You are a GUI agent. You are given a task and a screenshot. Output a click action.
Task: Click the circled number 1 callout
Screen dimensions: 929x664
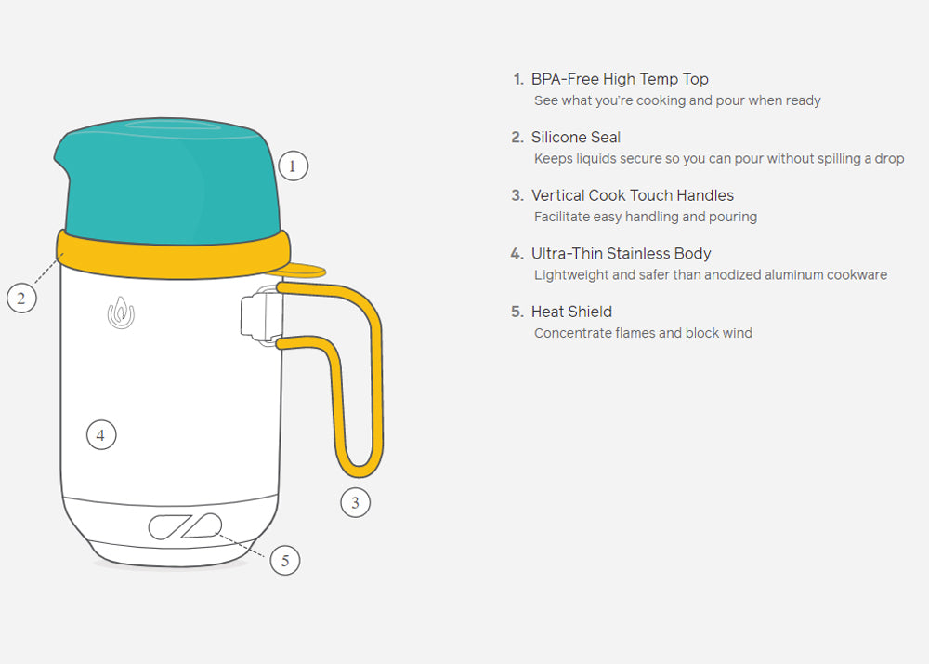[x=293, y=166]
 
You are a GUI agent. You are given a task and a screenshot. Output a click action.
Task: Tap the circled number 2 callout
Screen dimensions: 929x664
[x=21, y=298]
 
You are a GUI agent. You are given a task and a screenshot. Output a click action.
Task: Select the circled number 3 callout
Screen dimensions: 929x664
[x=355, y=503]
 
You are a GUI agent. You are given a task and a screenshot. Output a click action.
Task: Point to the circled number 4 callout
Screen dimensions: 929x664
[x=100, y=434]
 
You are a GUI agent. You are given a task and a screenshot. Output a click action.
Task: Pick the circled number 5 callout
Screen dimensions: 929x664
[x=285, y=560]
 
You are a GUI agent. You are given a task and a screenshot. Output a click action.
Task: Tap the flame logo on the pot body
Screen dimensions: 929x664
[x=121, y=312]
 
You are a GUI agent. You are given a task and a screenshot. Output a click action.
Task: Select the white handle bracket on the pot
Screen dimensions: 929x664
[x=261, y=315]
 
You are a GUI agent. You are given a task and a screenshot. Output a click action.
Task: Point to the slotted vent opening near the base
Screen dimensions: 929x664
[x=185, y=526]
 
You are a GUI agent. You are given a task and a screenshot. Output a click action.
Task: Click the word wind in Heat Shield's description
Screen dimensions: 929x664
[x=738, y=333]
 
